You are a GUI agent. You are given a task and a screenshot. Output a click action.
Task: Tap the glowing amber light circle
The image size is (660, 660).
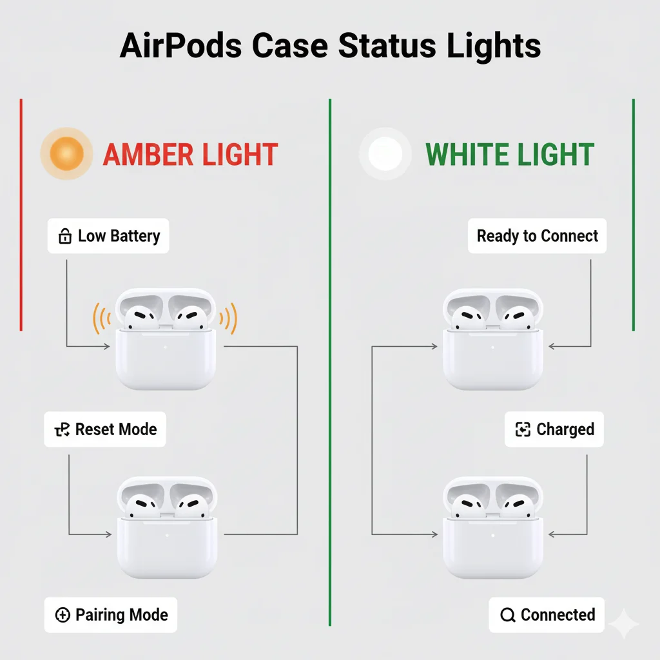click(x=66, y=153)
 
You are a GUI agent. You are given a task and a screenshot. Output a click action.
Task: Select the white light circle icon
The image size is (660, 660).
click(x=385, y=153)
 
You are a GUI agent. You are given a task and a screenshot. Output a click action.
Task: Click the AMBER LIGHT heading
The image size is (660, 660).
click(x=190, y=155)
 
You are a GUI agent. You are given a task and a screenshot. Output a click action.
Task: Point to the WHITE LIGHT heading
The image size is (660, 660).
click(x=509, y=155)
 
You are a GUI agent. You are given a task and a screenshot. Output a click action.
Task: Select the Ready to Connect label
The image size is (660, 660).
click(x=538, y=236)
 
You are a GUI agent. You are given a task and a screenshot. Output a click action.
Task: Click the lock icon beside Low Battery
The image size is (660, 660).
click(x=65, y=237)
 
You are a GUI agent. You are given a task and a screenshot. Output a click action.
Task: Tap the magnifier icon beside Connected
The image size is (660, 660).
click(x=508, y=616)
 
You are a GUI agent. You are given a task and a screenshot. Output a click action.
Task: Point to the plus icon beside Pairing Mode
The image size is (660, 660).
click(x=63, y=616)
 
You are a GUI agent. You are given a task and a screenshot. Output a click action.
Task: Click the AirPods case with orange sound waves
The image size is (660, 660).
click(x=165, y=340)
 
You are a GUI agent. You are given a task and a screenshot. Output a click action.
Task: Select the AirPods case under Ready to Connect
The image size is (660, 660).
click(x=493, y=340)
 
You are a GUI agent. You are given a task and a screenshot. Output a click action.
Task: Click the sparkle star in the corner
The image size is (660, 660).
click(x=623, y=623)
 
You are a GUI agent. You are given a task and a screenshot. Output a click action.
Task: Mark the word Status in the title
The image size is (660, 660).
click(x=386, y=47)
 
